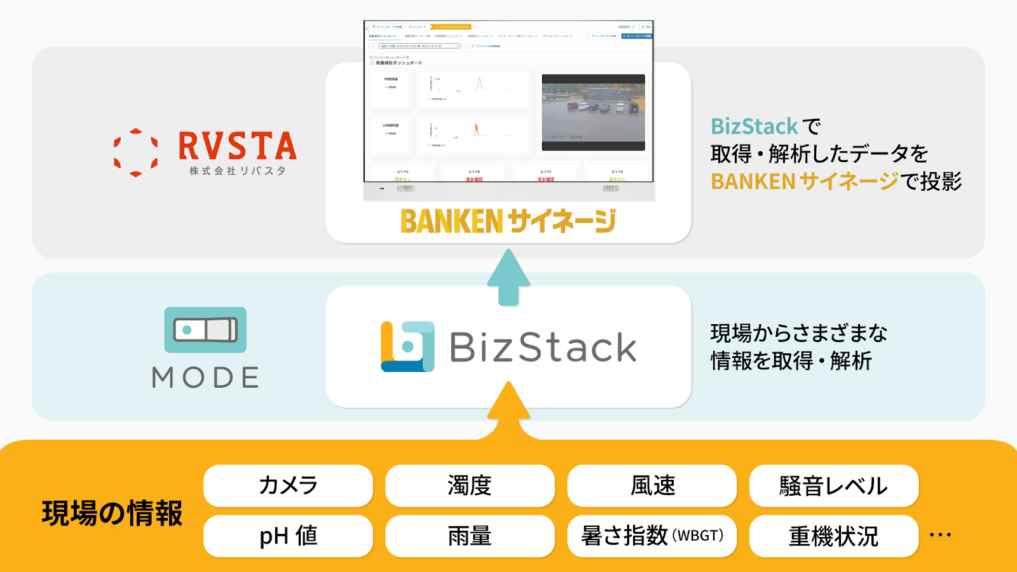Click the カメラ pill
click(x=288, y=486)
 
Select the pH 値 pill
click(x=288, y=536)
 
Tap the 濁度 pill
click(x=470, y=486)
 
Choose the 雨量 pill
click(x=470, y=536)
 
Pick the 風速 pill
click(x=652, y=486)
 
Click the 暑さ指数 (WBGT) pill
click(x=652, y=536)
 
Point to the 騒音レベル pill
click(x=834, y=486)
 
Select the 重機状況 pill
click(x=834, y=536)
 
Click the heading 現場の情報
click(x=113, y=514)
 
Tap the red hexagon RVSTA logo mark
click(x=135, y=153)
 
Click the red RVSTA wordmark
click(x=238, y=146)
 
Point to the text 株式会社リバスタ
click(x=238, y=171)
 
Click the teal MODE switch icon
click(x=205, y=330)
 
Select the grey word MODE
click(x=205, y=378)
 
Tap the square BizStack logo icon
click(x=407, y=346)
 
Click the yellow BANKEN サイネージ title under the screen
click(x=508, y=221)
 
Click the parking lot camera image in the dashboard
click(x=593, y=112)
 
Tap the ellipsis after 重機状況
click(x=940, y=535)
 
